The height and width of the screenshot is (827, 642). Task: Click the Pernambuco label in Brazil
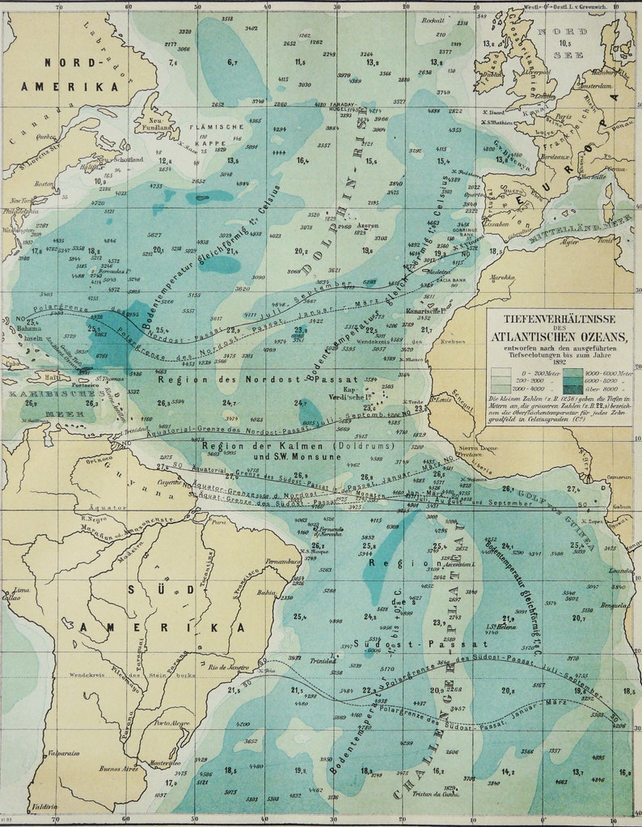[x=261, y=560]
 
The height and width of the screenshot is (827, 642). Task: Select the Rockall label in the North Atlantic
[x=433, y=19]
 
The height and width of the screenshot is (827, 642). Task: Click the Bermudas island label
[x=111, y=270]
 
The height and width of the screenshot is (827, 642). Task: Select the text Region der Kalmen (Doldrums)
[x=297, y=446]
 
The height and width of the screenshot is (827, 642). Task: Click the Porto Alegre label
[x=171, y=723]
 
